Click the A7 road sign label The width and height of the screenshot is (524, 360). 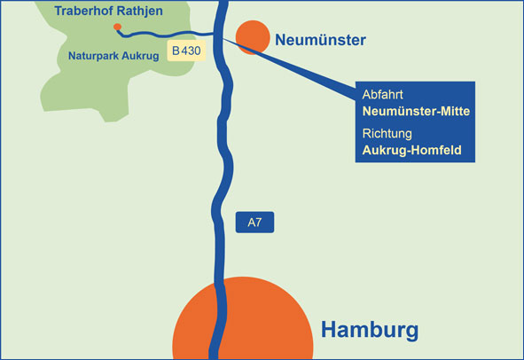(254, 223)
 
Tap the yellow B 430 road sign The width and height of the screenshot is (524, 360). (186, 51)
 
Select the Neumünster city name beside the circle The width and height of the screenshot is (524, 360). (320, 40)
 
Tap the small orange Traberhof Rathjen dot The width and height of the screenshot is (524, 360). (117, 27)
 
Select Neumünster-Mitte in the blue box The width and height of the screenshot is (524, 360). (416, 113)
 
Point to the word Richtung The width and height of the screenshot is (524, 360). (387, 134)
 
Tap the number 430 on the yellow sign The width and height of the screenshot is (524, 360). (192, 51)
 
